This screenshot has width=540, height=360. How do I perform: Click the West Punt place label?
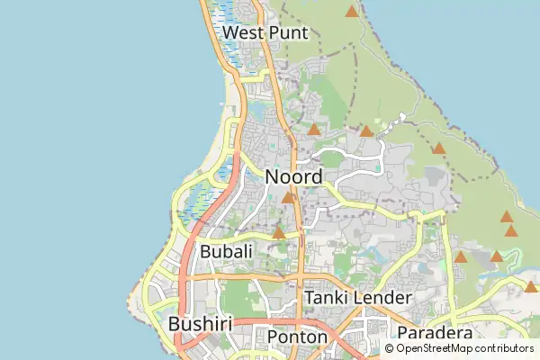point(265,33)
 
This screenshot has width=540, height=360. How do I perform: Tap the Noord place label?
point(293,177)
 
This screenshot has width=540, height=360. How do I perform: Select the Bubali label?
point(226,252)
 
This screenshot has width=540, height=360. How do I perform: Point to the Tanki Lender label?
point(358,297)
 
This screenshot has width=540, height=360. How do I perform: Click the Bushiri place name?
point(201,323)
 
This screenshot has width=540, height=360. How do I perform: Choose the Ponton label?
point(298,337)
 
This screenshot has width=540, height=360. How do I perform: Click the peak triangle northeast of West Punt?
point(351,12)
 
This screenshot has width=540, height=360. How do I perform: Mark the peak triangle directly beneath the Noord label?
point(288,198)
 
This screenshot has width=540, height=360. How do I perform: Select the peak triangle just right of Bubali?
point(279,233)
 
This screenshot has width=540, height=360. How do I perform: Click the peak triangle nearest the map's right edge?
point(531,287)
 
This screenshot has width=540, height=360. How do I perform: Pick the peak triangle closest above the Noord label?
point(313,130)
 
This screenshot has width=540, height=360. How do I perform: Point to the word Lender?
point(382,297)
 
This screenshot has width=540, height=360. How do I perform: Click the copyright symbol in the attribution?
point(390,348)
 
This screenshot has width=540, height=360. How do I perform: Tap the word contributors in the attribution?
point(502,348)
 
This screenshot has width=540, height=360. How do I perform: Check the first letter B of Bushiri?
point(175,323)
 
